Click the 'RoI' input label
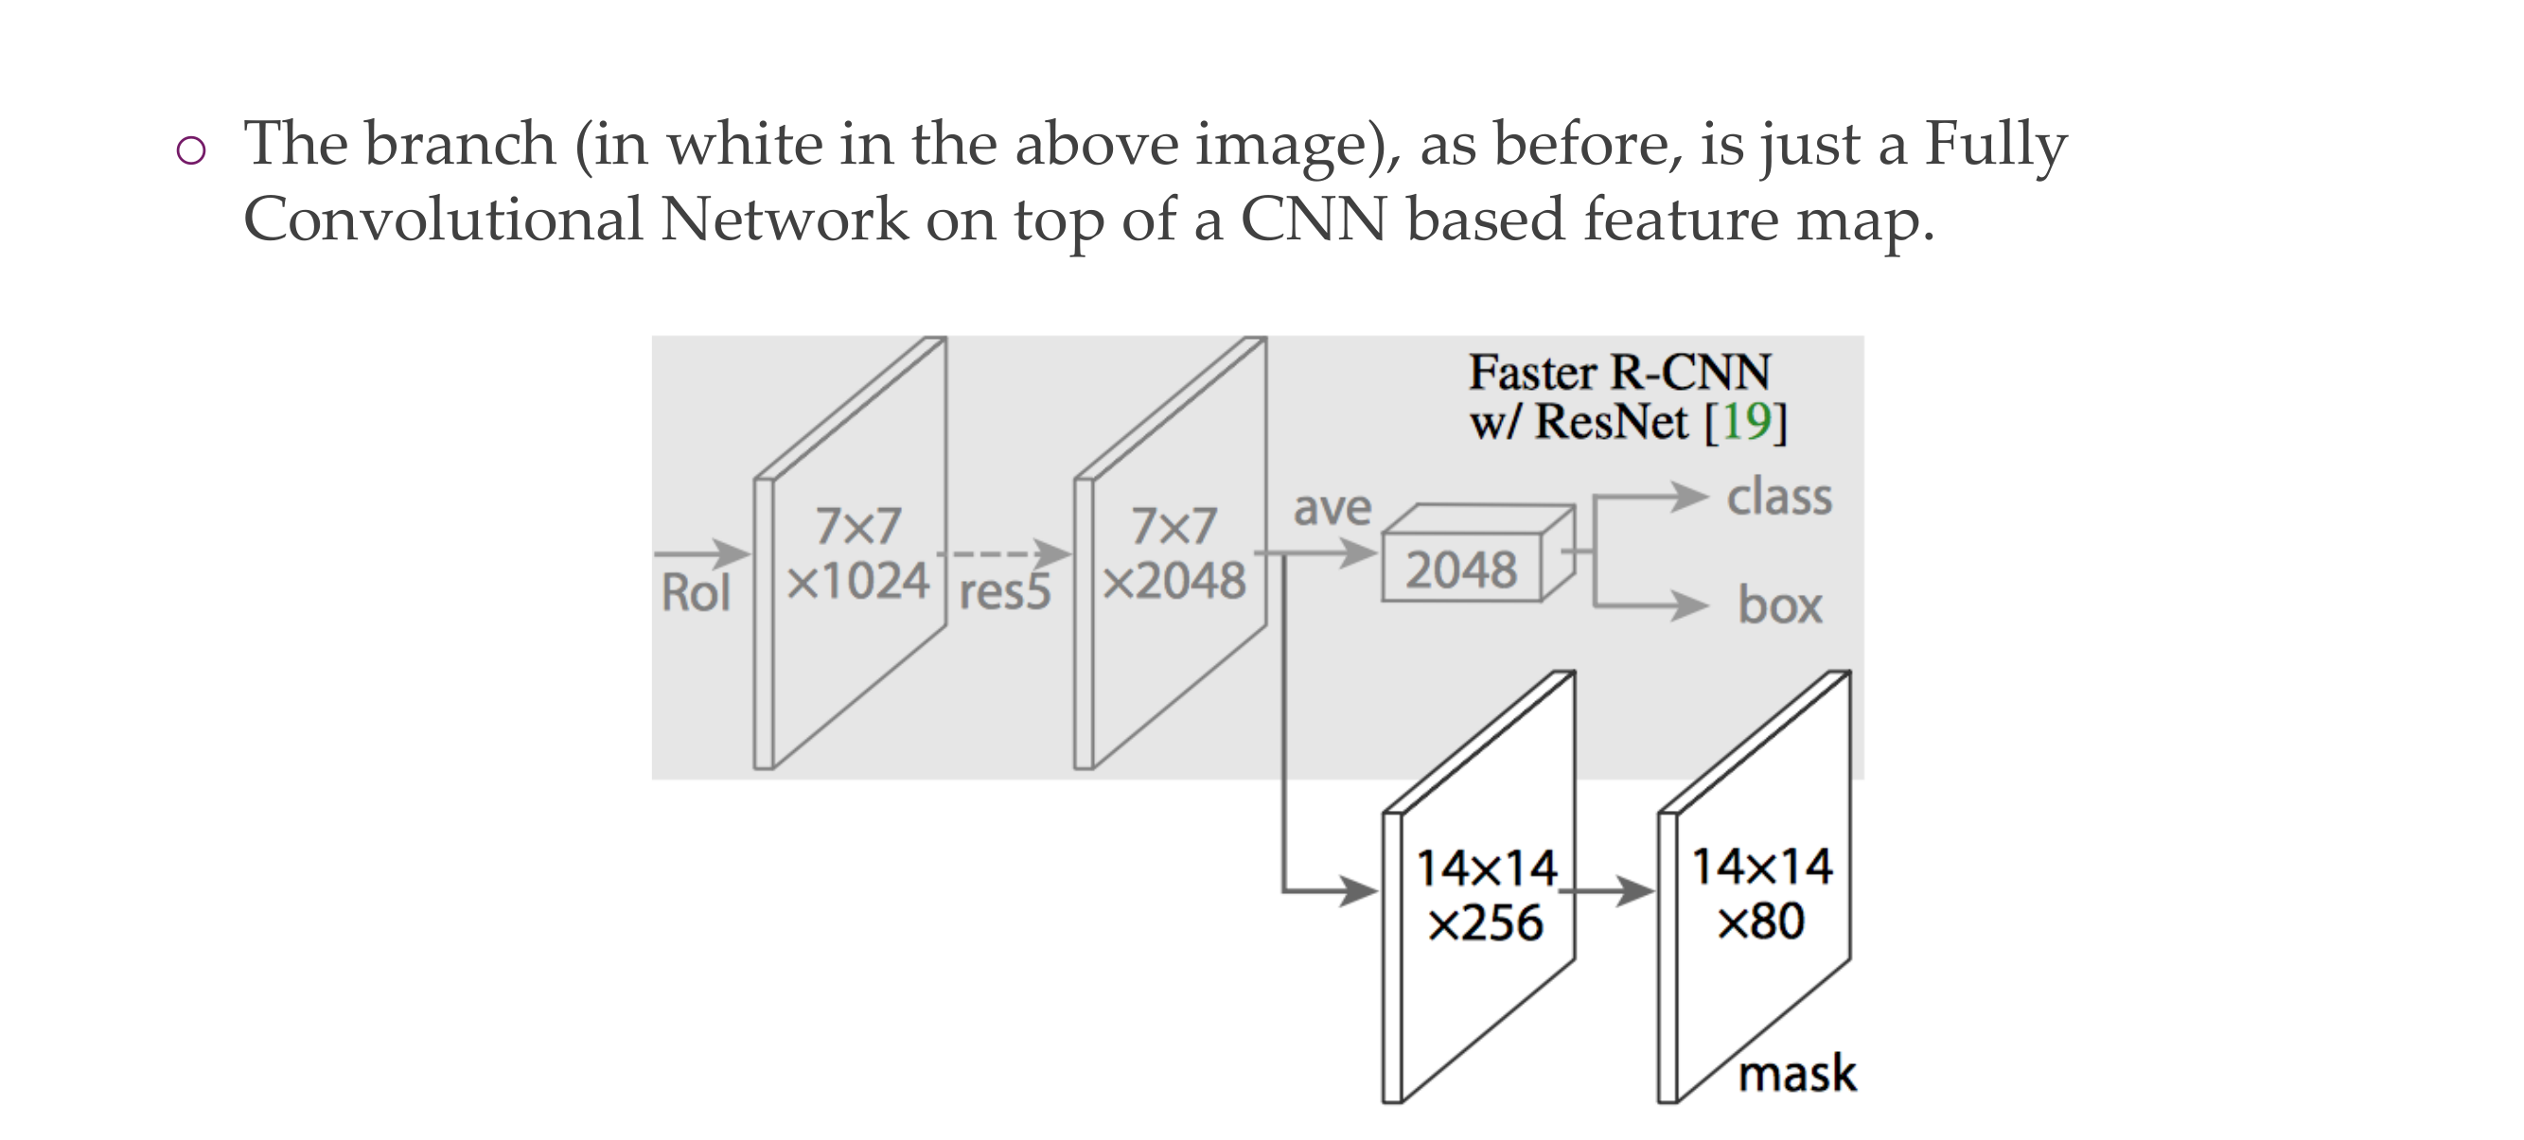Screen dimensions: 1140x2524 coord(696,592)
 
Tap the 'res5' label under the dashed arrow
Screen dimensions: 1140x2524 coord(1004,592)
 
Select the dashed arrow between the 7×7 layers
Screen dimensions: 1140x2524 coord(1004,553)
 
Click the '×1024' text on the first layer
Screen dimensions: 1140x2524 coord(858,582)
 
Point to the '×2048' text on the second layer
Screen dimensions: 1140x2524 coord(1174,582)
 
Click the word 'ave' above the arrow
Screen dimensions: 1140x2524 coord(1333,508)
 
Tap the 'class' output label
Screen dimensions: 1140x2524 coord(1778,498)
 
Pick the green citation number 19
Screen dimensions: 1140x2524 coord(1747,422)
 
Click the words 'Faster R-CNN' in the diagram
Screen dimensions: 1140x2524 coord(1619,373)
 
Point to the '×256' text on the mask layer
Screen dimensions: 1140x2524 coord(1486,923)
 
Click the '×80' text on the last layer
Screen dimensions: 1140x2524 coord(1760,921)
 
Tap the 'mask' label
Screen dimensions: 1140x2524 coord(1797,1074)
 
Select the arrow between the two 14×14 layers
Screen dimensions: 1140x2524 coord(1607,892)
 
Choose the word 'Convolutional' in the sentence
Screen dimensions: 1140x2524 coord(442,219)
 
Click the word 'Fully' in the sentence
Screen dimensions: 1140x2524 coord(1995,144)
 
